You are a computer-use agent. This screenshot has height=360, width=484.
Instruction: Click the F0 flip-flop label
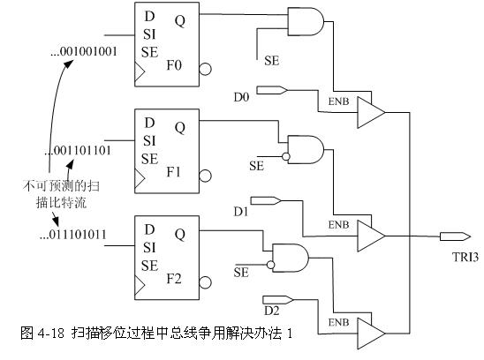point(174,65)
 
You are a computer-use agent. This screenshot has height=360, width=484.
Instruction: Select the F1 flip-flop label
point(173,172)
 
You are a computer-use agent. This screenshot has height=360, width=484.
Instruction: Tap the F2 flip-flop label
point(174,279)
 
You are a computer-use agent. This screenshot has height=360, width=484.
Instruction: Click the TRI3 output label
point(465,257)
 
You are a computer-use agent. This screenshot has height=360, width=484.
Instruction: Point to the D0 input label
point(241,97)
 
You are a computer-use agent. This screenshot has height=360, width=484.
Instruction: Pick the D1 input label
point(241,212)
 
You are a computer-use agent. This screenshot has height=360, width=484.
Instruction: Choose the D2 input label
point(272,311)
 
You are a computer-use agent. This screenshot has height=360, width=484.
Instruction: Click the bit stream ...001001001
point(84,51)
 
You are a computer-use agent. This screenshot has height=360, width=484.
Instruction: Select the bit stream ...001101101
point(78,151)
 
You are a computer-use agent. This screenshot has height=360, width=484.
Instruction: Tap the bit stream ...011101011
point(73,235)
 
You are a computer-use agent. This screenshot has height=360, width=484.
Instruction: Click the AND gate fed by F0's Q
point(306,21)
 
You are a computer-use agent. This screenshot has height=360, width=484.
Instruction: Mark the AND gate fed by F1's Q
point(306,149)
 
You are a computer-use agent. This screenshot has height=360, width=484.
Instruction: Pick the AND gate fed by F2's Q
point(291,258)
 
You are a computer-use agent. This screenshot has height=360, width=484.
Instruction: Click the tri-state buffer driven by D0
point(371,113)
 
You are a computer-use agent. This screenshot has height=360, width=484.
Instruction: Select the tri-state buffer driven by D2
point(371,334)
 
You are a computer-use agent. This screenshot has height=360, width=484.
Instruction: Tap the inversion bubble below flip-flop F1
point(205,176)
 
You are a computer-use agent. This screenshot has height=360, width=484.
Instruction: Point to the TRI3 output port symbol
point(455,236)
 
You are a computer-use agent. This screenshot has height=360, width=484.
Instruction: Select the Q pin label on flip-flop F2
point(180,235)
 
